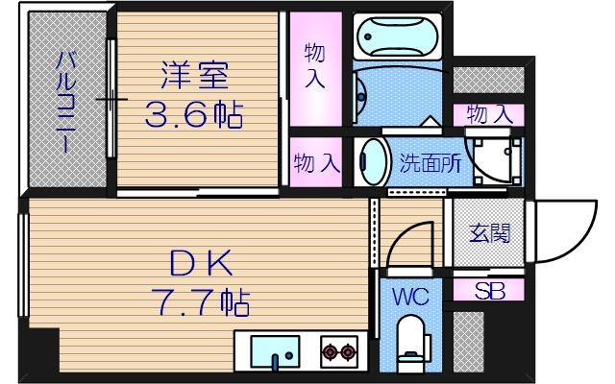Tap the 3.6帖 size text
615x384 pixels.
coord(193,116)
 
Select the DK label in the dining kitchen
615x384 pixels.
coord(200,262)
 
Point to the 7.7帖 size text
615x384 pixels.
coord(200,303)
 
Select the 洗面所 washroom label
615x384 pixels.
coord(430,163)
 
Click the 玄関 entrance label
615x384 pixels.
coord(488,233)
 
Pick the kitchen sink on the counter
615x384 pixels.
coord(276,350)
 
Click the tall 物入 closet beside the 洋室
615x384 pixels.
coord(314,65)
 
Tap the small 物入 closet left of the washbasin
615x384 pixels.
coord(316,162)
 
